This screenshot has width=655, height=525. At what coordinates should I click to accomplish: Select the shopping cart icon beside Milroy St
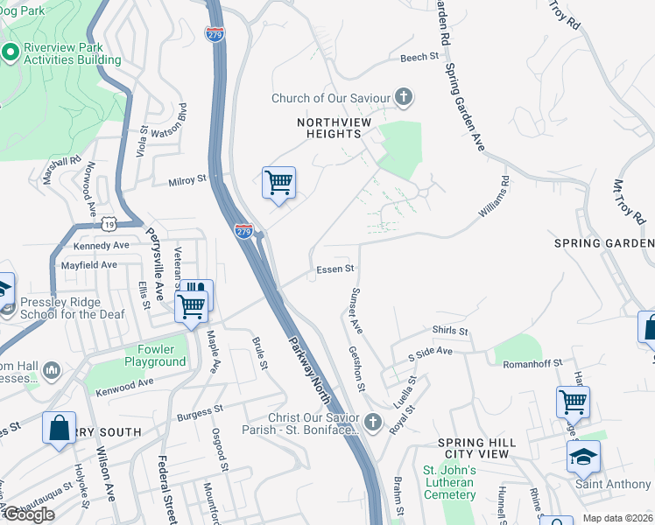278,184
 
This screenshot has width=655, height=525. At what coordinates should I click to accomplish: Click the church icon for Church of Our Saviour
404,98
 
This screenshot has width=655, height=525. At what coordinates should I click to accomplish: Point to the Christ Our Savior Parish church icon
373,423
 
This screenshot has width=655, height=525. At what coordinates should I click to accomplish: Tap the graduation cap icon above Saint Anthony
583,457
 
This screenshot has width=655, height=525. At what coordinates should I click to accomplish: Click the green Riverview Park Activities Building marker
11,52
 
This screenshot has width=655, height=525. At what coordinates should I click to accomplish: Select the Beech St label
419,58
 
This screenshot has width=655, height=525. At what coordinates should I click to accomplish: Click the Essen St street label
335,269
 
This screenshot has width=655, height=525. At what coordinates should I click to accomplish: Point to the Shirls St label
450,332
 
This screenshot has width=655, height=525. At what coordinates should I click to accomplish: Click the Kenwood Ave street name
124,381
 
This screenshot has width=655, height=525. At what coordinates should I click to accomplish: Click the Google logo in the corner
29,514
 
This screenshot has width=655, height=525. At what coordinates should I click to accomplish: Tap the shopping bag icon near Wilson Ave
59,429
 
